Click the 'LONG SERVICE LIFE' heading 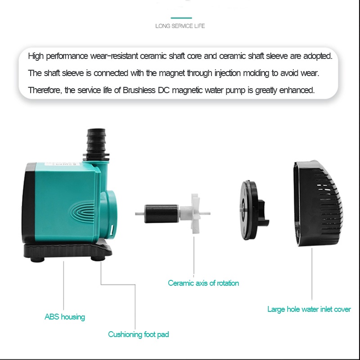[180, 26]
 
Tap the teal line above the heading [181, 18]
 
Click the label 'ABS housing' [65, 317]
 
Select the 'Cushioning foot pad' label [139, 334]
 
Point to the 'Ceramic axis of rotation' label [203, 283]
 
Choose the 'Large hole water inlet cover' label [309, 309]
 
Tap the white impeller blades [195, 213]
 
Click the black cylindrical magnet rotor [162, 214]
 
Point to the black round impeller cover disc [249, 210]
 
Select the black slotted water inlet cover [318, 203]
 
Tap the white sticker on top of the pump [62, 164]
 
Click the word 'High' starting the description [36, 56]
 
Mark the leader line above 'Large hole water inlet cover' [312, 274]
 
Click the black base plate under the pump [68, 252]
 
